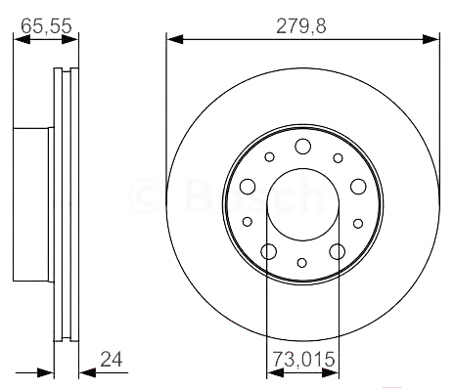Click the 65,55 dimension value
(x=46, y=25)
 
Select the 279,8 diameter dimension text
(x=301, y=26)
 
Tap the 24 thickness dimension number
(x=112, y=359)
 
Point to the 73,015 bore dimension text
(x=303, y=359)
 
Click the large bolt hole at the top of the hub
(x=302, y=147)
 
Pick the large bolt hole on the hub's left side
(x=248, y=187)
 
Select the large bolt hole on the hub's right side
(x=358, y=187)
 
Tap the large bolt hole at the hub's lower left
(x=269, y=251)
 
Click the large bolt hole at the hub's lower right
(x=337, y=251)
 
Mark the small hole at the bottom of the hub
(x=302, y=263)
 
